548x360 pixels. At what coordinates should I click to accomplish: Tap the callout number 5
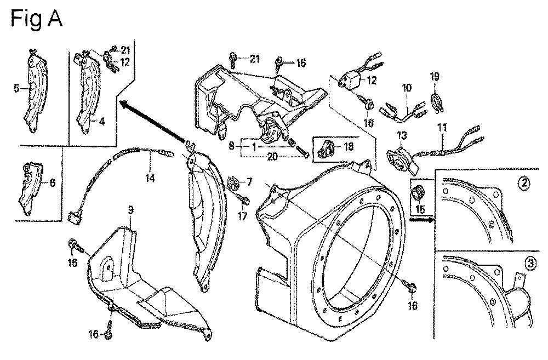[16, 87]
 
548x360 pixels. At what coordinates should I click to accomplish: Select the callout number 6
[52, 183]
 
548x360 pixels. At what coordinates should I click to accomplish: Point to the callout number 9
[130, 210]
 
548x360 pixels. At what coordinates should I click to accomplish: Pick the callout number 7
[250, 181]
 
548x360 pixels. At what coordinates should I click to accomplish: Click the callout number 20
[273, 156]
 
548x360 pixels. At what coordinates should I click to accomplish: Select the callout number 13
[402, 135]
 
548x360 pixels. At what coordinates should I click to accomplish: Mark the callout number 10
[406, 87]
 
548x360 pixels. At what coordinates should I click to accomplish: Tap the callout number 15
[420, 208]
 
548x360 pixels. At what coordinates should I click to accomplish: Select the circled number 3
[529, 264]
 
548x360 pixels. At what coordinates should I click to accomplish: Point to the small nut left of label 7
[232, 181]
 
